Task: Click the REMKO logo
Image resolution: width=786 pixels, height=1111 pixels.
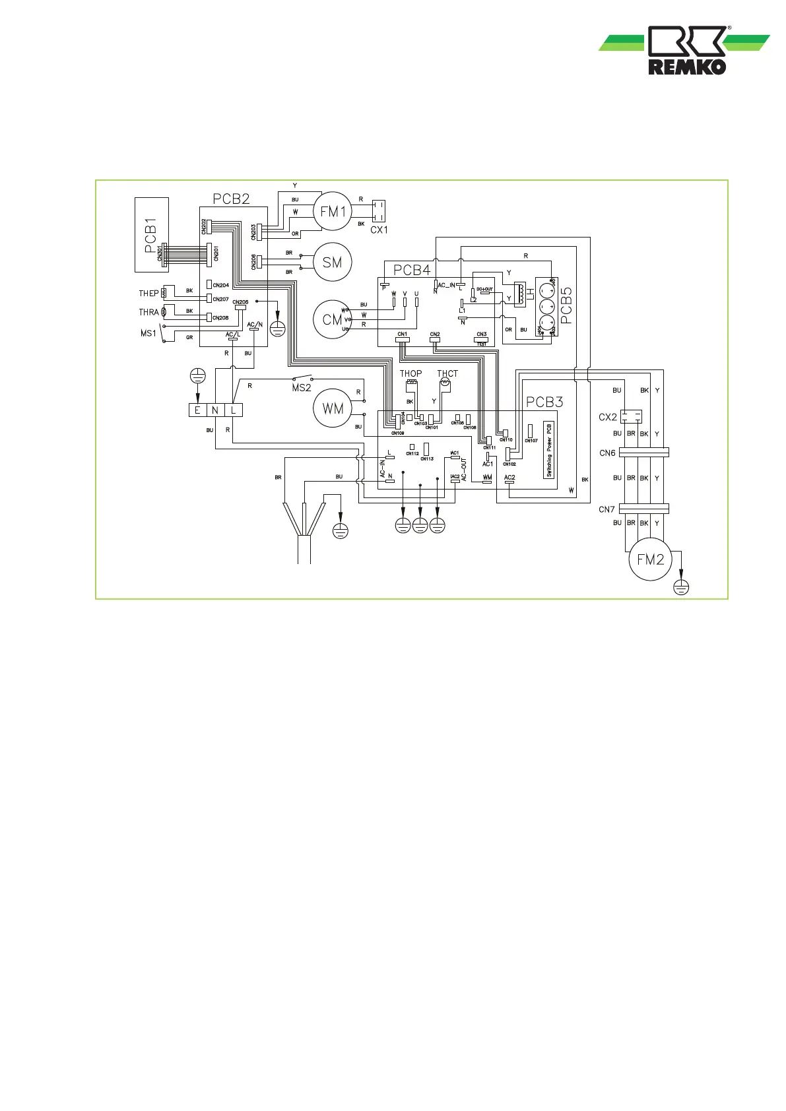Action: coord(686,50)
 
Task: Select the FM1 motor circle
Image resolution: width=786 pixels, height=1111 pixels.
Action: coord(333,212)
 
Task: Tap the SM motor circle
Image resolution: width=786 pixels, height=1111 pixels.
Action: coord(332,263)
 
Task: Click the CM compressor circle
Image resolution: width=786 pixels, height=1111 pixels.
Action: coord(332,319)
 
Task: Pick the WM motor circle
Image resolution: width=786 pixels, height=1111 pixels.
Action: coord(333,408)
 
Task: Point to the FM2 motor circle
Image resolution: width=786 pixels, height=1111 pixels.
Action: coord(650,559)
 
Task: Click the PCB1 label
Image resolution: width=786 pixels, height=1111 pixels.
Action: coord(151,239)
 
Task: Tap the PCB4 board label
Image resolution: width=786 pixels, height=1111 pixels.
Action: coord(412,270)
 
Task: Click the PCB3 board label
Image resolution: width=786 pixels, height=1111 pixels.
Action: coord(544,402)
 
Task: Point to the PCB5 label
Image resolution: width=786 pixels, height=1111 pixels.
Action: coord(566,305)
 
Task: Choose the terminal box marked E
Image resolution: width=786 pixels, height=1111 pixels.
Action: coord(197,410)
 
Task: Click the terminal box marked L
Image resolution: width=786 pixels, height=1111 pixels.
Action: coord(234,410)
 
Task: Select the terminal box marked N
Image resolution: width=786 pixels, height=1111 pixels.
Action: coord(215,410)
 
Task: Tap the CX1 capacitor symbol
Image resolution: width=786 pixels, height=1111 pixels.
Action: coord(378,211)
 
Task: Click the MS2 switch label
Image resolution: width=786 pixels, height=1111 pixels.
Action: coord(301,388)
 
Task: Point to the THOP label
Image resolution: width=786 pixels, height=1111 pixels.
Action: coord(410,373)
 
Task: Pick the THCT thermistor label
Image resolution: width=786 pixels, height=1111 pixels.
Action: coord(447,373)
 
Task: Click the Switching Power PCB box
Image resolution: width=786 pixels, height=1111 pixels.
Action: coord(549,450)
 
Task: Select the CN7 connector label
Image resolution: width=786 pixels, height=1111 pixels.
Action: coord(606,509)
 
